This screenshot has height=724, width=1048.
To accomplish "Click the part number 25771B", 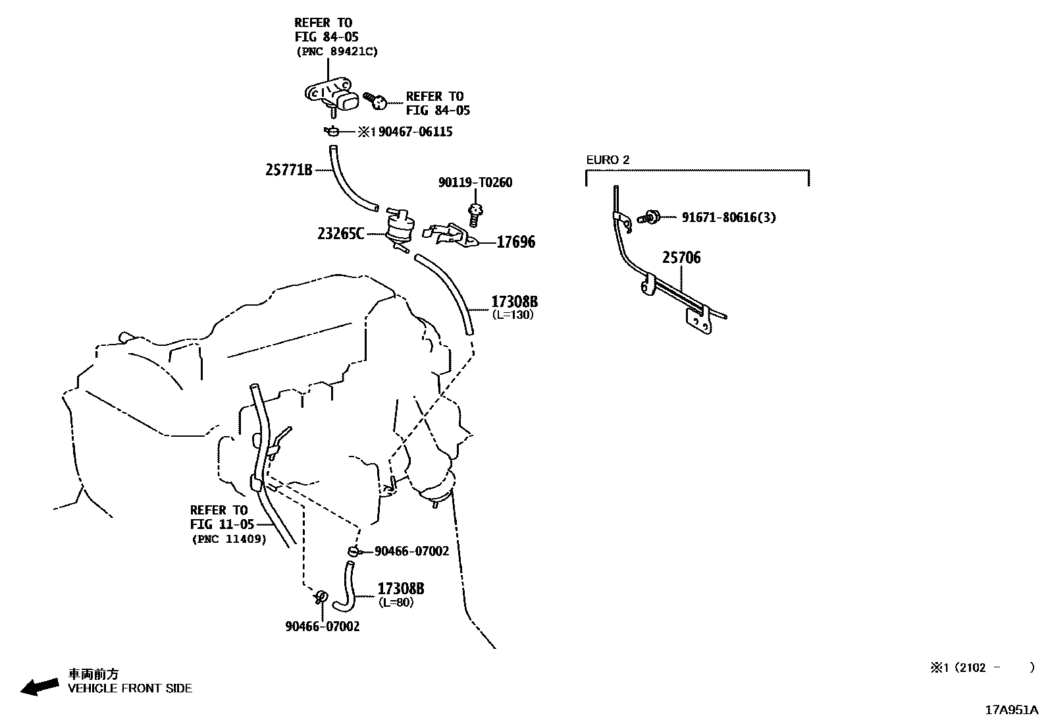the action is pos(289,170).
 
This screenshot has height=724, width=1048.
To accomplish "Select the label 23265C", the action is pos(340,233).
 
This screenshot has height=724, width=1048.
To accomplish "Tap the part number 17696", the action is pos(515,242).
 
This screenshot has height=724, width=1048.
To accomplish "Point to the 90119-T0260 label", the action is pos(475,182).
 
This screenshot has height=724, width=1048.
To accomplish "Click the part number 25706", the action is pos(681,258).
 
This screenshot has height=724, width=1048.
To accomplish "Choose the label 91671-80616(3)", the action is pos(729,217).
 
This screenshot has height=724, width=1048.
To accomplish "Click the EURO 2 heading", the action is pos(608,159).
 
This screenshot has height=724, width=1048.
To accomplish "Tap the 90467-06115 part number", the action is pos(415,132).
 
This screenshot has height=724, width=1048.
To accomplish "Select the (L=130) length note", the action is pos(513,315).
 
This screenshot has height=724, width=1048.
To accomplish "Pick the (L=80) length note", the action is pos(396,602).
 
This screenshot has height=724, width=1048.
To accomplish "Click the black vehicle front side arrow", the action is pos(39,686).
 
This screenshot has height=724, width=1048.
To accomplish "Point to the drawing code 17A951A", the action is pos(1012,710).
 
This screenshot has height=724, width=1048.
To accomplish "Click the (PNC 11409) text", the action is pos(229,539).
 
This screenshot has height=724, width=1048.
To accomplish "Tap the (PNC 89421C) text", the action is pos(337,51).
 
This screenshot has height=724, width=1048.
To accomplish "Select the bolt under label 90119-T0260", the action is pos(475,215).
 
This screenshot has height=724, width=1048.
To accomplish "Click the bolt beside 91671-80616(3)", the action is pos(649,217).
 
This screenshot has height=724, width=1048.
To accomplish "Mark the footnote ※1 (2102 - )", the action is pos(982,667).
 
